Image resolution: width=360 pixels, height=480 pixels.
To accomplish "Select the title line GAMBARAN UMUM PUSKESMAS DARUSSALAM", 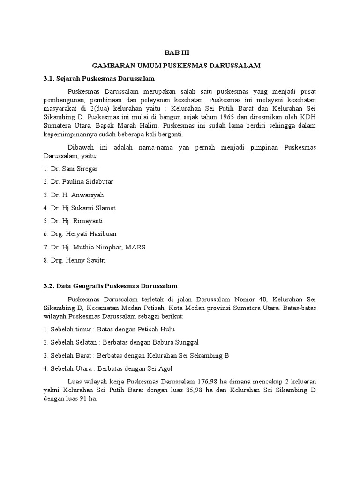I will coord(180,66).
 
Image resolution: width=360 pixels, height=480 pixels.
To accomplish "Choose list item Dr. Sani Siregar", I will coord(71,168).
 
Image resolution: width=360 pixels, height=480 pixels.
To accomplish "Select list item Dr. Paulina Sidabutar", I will coord(78,181).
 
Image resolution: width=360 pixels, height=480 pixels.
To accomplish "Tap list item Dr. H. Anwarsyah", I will coord(74,195).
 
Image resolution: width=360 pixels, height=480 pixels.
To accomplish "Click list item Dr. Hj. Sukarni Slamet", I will coord(79,208).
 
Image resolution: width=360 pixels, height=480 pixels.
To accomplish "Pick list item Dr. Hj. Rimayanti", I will coord(73,221).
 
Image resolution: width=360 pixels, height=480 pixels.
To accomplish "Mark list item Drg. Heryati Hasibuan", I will coord(80,234).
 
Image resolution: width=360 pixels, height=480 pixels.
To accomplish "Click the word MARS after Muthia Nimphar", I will coord(136,247).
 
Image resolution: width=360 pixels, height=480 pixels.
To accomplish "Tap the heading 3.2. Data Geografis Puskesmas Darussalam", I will coord(111,285).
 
